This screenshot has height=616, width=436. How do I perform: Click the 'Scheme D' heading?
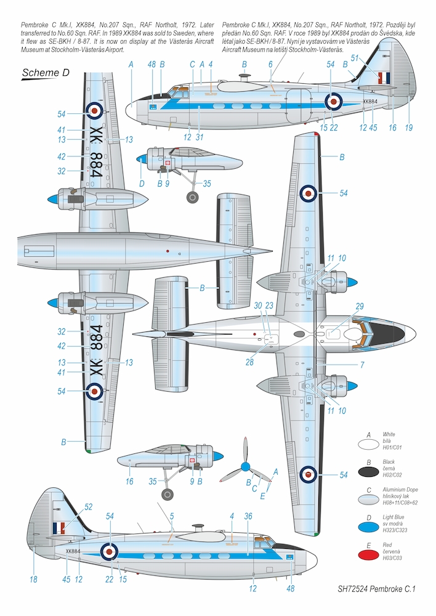[x=45, y=73]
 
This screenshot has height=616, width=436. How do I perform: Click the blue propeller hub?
[x=245, y=467]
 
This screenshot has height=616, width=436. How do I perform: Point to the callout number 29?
[x=360, y=307]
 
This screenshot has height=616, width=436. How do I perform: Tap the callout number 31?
[x=200, y=137]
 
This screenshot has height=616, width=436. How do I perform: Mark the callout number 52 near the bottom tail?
[x=88, y=506]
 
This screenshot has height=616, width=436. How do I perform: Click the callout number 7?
[x=362, y=365]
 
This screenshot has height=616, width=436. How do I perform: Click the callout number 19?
[x=409, y=128]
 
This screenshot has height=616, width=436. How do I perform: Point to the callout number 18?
[x=33, y=579]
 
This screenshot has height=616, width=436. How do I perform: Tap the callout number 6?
[x=270, y=64]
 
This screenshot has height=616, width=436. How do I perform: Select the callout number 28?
[x=249, y=362]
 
